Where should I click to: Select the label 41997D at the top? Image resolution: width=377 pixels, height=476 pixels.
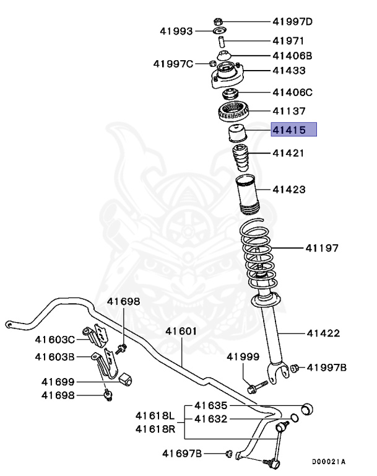[293, 22]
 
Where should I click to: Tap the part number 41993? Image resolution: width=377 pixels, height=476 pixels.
[176, 30]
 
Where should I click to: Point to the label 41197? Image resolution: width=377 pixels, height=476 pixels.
[321, 249]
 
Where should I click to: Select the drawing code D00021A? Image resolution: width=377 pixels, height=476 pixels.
[328, 462]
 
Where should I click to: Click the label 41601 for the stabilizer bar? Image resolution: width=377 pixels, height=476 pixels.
[181, 331]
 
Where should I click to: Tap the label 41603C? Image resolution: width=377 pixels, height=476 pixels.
[54, 339]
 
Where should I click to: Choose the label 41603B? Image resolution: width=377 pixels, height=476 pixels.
[54, 356]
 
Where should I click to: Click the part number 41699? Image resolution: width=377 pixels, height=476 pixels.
[58, 382]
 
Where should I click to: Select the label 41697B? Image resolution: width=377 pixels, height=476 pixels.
[182, 454]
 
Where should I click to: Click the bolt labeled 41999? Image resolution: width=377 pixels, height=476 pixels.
[255, 388]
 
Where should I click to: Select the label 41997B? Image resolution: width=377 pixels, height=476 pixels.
[327, 368]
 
